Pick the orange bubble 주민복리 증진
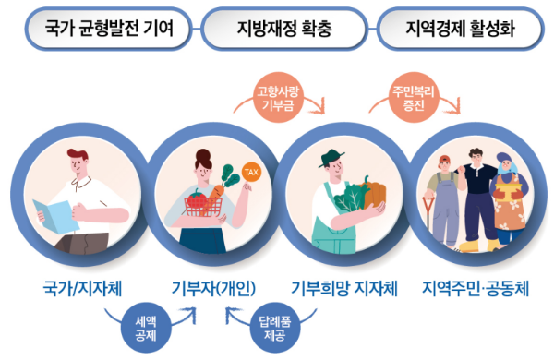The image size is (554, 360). (x=413, y=97)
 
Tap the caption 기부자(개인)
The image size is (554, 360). (x=214, y=286)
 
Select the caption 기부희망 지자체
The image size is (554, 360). (x=344, y=286)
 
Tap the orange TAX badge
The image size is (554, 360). (x=250, y=173)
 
